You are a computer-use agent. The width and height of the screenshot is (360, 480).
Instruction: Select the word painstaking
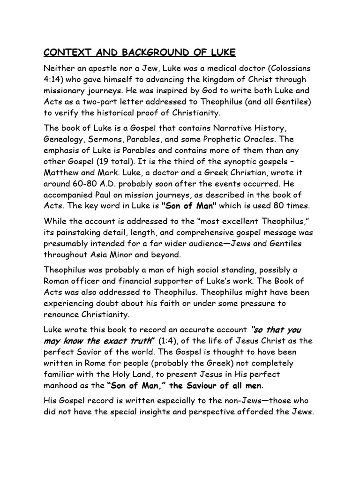click(86, 233)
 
